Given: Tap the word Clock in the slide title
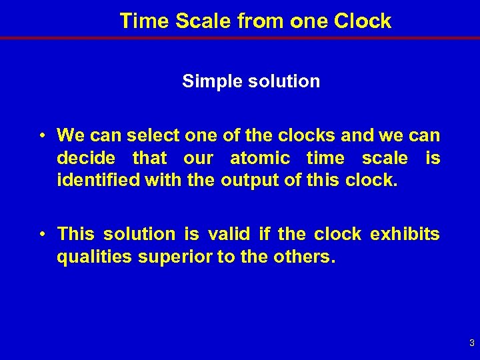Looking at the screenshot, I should point(363,21).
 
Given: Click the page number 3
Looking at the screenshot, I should point(471,343).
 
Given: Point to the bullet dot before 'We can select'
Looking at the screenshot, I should point(42,136).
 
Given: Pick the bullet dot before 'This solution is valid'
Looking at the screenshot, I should point(42,234).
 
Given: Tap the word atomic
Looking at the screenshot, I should point(260,158).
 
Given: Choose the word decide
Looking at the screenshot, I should point(86,158).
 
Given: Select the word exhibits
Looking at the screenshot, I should point(405,234).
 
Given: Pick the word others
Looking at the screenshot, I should point(304,256).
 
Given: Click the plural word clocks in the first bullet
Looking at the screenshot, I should point(309,136).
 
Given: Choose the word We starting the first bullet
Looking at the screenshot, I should point(69,136).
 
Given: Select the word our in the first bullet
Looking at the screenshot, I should point(197,158).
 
